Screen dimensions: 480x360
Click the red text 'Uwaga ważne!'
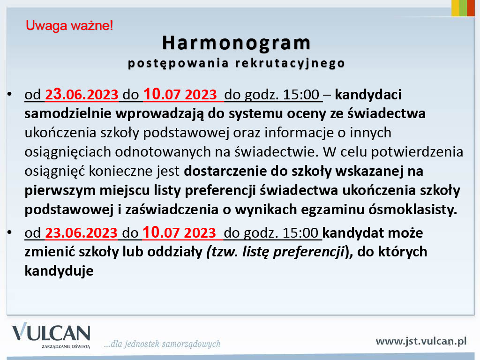tap(69, 26)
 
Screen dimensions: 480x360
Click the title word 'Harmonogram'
tap(236, 43)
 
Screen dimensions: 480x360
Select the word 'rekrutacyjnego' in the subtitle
tap(290, 63)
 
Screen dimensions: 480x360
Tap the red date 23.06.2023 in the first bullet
tap(82, 94)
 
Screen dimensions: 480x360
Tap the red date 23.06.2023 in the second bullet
tap(82, 232)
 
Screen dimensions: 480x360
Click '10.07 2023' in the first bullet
tap(180, 94)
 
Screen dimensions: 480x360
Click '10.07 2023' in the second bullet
tap(180, 232)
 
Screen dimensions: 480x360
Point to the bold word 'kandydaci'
tap(368, 95)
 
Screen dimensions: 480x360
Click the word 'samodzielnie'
tap(67, 114)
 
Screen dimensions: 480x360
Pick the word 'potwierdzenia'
tap(417, 152)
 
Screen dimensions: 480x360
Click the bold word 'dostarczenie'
tap(225, 172)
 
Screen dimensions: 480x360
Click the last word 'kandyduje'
tap(59, 271)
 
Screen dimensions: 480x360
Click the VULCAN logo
tap(51, 335)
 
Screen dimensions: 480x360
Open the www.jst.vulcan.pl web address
tap(421, 341)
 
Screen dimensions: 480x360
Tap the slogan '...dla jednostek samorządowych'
tap(162, 344)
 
